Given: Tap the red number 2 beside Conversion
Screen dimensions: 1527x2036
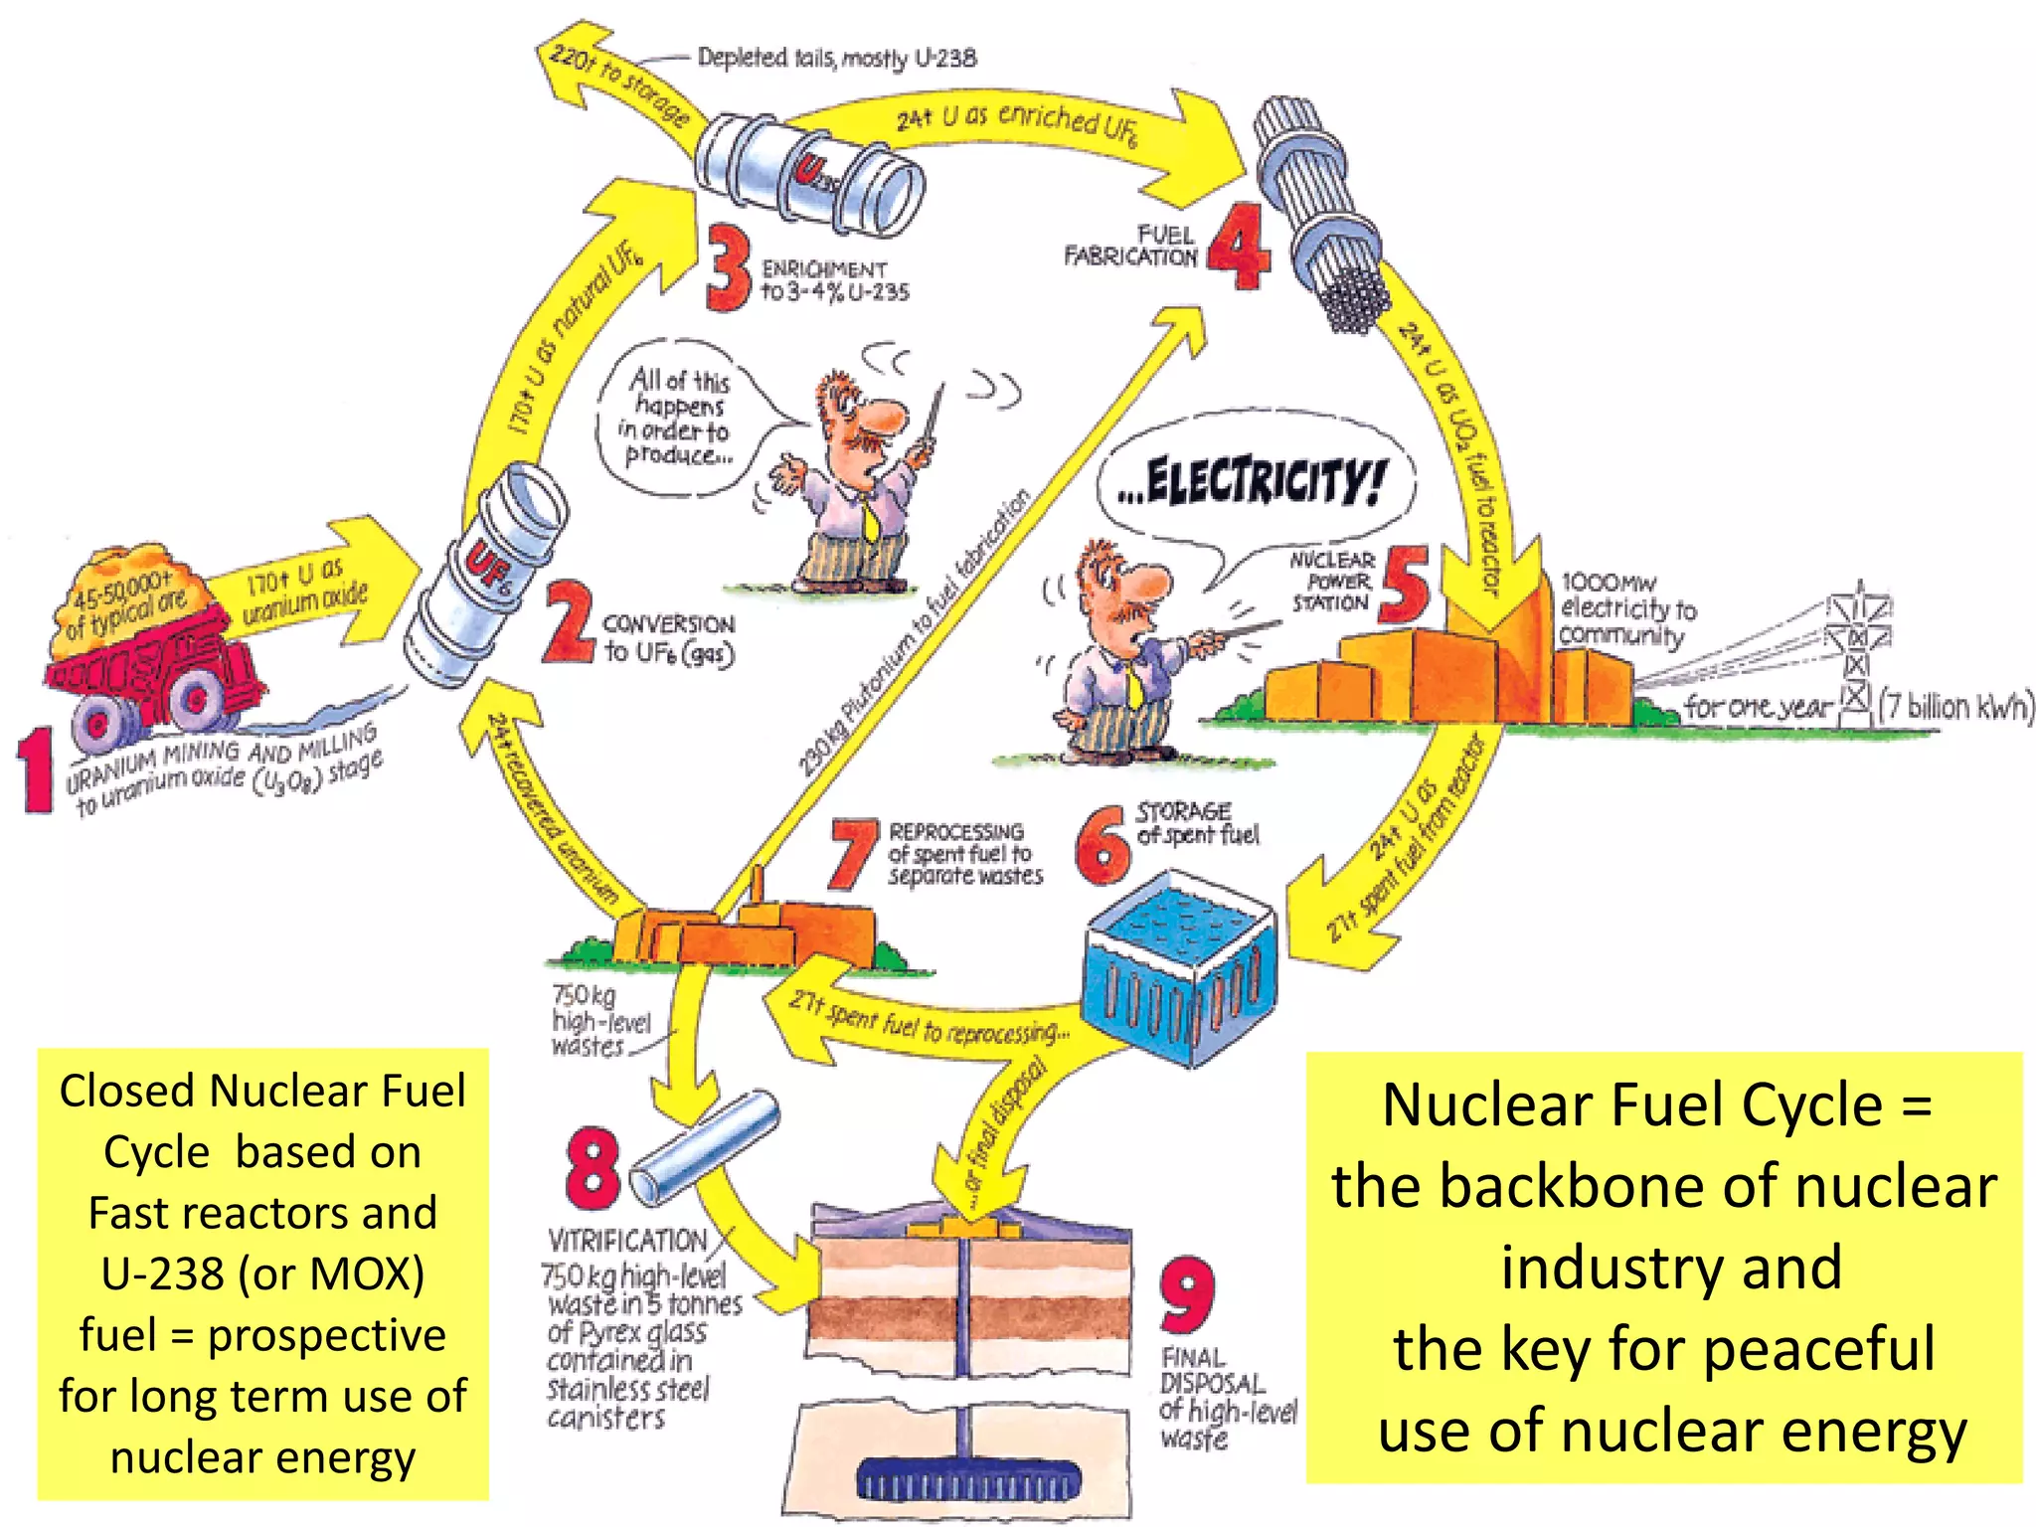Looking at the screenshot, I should pos(569,623).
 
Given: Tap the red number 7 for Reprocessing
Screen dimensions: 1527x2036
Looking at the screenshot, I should pos(853,853).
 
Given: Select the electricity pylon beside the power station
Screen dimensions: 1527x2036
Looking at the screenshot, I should pos(1857,646).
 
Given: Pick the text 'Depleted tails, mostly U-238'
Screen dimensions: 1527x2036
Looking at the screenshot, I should pos(836,58).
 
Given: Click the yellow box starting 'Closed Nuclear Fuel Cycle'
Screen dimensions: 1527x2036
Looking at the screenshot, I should pos(262,1273).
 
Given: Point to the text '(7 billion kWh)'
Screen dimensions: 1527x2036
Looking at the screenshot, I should pos(1954,706).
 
